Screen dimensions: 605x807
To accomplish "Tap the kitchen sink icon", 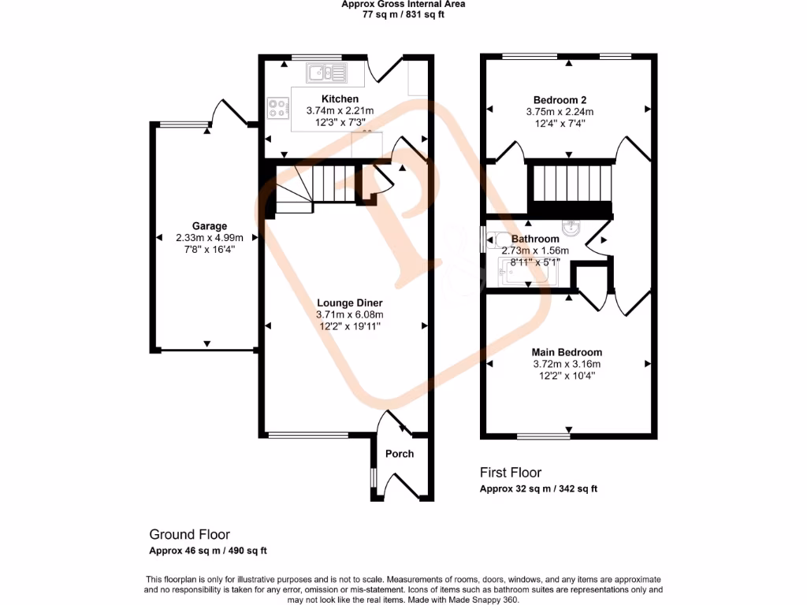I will tap(327, 73).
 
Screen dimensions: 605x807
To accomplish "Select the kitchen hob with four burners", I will tap(278, 108).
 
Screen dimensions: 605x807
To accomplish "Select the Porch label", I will tap(399, 454).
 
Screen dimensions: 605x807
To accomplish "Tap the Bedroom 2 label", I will tap(560, 100).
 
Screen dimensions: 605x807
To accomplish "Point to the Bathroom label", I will tap(535, 239).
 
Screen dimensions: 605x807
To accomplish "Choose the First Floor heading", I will tap(511, 473).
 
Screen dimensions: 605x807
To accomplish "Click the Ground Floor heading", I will tap(190, 534).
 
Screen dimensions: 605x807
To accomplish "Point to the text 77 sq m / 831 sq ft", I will tap(403, 14).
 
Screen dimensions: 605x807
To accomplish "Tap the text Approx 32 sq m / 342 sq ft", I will tap(538, 489).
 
